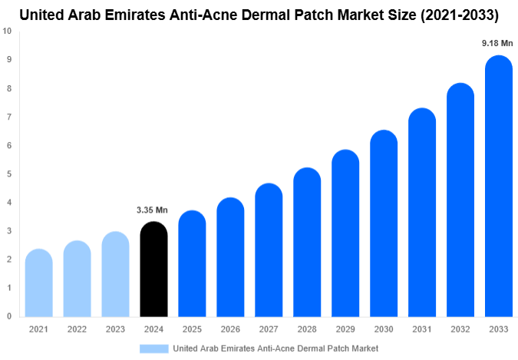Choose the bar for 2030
pyautogui.click(x=384, y=223)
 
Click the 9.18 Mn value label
pyautogui.click(x=497, y=44)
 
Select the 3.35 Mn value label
pyautogui.click(x=152, y=210)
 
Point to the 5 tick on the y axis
pyautogui.click(x=8, y=173)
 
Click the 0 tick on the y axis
pyautogui.click(x=8, y=316)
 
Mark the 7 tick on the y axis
pyautogui.click(x=8, y=117)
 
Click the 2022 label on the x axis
pyautogui.click(x=77, y=329)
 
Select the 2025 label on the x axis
pyautogui.click(x=192, y=329)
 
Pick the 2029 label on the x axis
pyautogui.click(x=345, y=329)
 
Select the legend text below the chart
pyautogui.click(x=276, y=348)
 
